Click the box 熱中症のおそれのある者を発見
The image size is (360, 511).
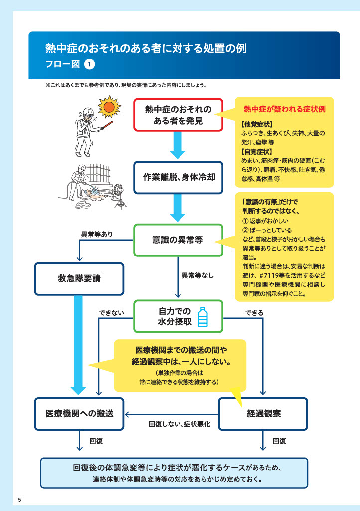178,115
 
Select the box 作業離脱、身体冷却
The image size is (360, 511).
178,177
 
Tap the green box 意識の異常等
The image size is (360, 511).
178,240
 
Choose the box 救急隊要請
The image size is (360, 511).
79,279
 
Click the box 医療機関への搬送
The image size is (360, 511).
79,414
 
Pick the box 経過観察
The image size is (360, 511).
263,414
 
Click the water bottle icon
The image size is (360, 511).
203,317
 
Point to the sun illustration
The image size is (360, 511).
109,107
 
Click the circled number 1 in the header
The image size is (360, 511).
89,64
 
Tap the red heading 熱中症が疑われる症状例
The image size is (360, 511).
285,109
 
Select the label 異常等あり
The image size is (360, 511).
97,234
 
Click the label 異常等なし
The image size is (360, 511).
197,275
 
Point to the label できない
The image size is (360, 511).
111,313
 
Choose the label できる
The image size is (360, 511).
254,313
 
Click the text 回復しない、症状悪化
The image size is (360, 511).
180,424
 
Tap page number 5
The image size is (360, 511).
19,500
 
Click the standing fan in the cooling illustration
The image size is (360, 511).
119,196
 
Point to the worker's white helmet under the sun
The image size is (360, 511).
88,111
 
